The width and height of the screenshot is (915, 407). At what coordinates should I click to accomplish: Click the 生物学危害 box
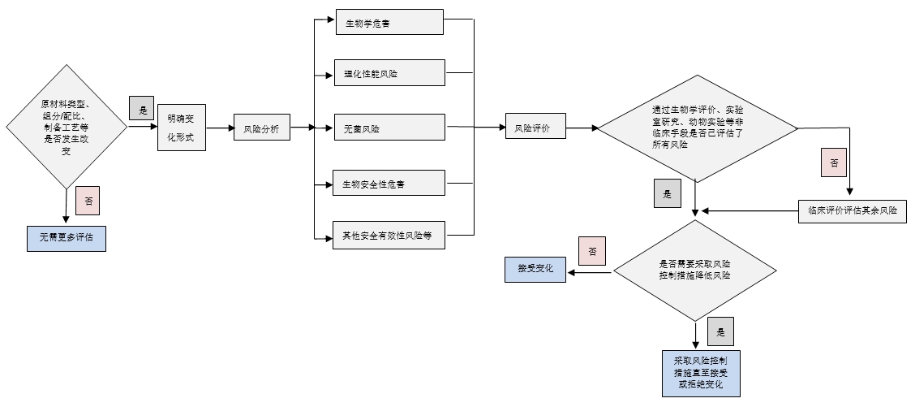(389, 22)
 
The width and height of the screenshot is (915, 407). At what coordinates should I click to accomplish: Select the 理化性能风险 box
(389, 73)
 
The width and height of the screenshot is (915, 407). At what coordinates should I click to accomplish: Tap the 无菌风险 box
(389, 128)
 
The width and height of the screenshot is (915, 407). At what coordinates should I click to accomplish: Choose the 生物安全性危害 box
(389, 183)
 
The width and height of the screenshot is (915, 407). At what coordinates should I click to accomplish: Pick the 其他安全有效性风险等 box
(389, 235)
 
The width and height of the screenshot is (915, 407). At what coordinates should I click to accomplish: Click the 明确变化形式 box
(181, 128)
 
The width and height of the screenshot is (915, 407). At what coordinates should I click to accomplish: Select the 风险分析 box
(261, 128)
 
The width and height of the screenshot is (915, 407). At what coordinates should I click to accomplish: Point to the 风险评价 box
(535, 128)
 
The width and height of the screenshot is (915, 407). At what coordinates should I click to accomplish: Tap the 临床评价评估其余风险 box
(852, 210)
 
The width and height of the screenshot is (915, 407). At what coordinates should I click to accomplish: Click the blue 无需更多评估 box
(67, 237)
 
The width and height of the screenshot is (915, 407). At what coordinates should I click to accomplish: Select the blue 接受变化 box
(535, 268)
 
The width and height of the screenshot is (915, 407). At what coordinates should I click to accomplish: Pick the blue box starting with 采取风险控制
(700, 372)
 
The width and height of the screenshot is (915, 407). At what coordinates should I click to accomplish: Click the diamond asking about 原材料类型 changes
(67, 128)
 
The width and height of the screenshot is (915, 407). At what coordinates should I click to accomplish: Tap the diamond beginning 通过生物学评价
(697, 128)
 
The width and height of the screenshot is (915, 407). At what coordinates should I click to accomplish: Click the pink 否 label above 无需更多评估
(88, 200)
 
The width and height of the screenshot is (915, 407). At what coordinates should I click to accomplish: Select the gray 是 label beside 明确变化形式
(142, 108)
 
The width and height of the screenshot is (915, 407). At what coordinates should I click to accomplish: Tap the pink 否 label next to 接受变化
(592, 251)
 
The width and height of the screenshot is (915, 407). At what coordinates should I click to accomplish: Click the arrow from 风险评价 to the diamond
(581, 128)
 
